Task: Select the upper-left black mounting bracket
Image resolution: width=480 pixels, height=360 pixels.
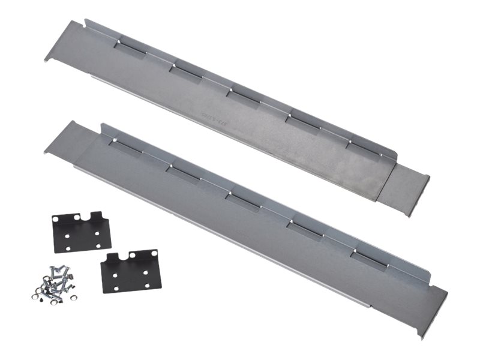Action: (x=81, y=232)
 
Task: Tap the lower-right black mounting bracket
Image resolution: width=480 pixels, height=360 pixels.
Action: (x=130, y=271)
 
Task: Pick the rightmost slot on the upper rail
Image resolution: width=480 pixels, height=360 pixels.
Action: (x=362, y=149)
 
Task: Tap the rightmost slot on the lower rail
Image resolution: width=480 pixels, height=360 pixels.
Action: (x=369, y=259)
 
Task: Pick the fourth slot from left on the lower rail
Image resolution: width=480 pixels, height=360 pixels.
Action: (x=304, y=228)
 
